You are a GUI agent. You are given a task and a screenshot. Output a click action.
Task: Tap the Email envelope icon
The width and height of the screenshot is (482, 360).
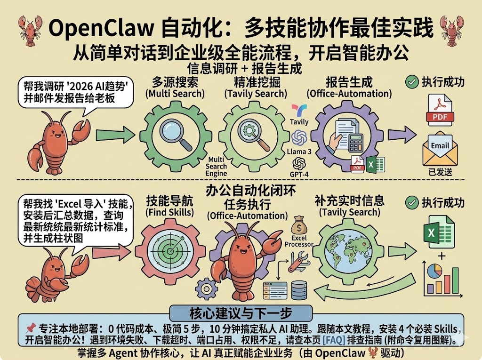tap(440, 149)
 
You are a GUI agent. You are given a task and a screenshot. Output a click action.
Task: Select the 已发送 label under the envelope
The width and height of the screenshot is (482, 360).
tap(441, 172)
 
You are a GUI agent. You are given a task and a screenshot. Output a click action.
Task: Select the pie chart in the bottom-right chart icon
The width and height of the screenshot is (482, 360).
tap(434, 272)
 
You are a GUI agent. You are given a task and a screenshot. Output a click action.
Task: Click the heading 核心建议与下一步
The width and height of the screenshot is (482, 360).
tap(241, 313)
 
